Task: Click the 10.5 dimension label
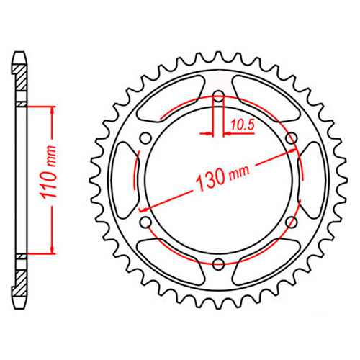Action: coord(242,125)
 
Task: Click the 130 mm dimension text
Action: coord(222,177)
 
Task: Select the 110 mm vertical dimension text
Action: coord(48,172)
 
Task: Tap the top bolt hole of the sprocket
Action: coord(218,96)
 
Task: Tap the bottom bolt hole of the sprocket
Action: coord(218,264)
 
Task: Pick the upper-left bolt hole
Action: coord(145,138)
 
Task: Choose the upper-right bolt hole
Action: coord(292,138)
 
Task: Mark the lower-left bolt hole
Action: coord(145,222)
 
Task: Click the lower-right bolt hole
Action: coord(292,222)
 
